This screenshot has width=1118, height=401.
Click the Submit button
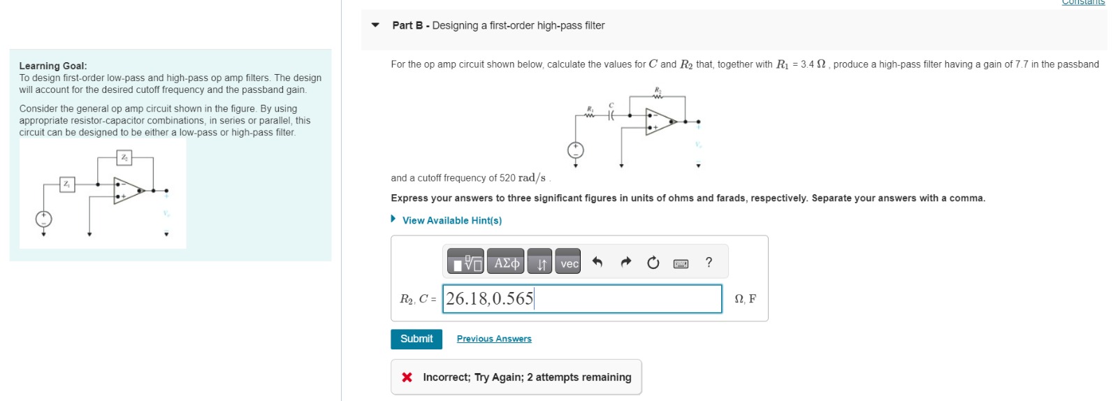coord(416,339)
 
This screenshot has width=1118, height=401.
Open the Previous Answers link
coord(494,339)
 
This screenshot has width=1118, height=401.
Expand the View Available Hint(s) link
coord(451,220)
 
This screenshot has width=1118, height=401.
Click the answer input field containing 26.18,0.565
coord(581,299)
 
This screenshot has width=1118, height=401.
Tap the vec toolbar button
coord(569,263)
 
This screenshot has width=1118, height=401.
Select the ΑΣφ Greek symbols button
coord(507,263)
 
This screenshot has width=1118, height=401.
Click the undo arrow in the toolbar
coord(597,263)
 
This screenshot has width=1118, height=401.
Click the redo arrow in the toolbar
coord(625,263)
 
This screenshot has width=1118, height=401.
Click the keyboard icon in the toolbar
coord(681,263)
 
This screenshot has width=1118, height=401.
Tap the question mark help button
coord(709,263)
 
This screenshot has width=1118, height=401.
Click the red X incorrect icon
coord(407,377)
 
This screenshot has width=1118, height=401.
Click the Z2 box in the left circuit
coord(124,158)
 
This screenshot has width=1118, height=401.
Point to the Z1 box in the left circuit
coord(67,184)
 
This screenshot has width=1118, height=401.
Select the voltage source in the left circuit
coord(43,219)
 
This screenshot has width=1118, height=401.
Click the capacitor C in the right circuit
coord(611,115)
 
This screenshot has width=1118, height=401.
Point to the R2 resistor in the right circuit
coord(658,96)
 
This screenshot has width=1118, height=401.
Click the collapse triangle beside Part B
coord(375,25)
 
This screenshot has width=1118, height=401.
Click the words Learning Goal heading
coord(53,66)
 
